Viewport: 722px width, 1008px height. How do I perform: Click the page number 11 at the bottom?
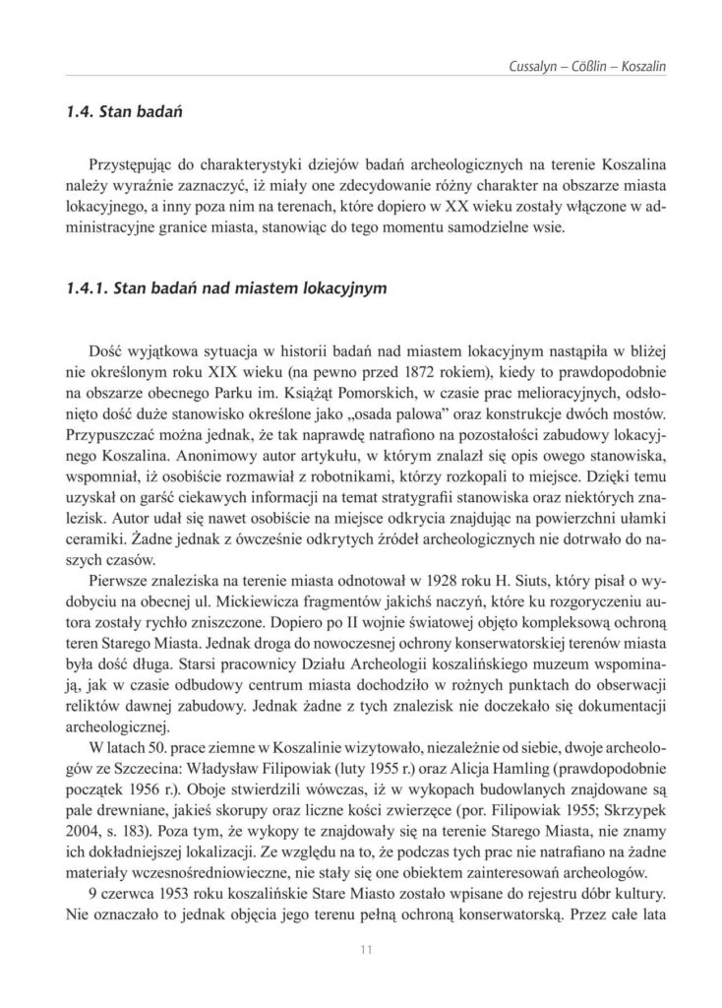(361, 949)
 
